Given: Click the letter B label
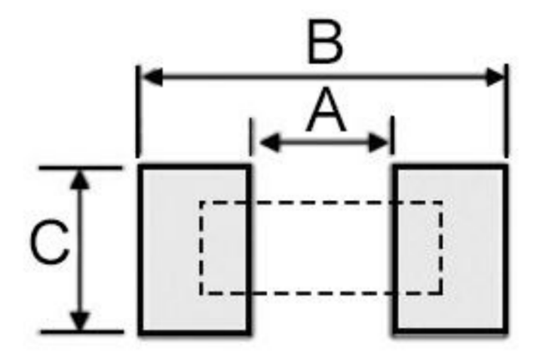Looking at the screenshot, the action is point(325,42).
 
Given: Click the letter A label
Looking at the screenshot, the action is point(326,110).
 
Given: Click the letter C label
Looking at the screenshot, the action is point(49,242).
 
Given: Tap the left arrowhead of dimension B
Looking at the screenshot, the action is point(152,77).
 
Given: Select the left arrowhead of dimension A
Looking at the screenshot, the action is point(270,143).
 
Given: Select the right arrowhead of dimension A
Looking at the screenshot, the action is point(379,143).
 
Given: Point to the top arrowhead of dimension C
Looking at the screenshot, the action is point(81,179).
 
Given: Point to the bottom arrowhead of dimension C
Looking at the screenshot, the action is point(81,321).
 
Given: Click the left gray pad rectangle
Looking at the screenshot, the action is point(195,249).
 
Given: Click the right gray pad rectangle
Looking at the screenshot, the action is point(450,249).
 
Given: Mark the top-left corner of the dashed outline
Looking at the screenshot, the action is point(201,202).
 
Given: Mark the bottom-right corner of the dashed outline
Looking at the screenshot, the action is point(441,293).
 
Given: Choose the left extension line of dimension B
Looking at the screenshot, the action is point(138,112).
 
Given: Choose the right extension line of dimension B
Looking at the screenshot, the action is point(506,111).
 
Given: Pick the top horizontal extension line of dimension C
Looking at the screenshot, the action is point(81,168).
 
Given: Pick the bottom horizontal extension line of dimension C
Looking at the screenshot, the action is point(82,331).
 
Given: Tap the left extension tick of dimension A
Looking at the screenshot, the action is point(250,137).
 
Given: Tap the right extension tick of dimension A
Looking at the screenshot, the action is point(393,135).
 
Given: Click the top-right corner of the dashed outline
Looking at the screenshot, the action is point(441,202).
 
